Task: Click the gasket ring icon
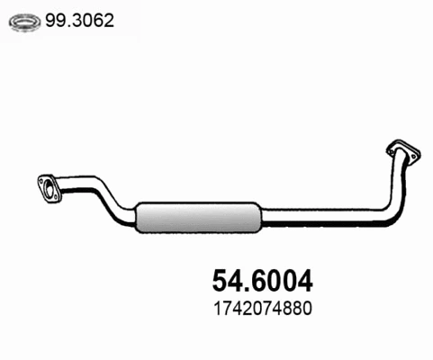pyautogui.click(x=24, y=22)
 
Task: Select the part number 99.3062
pyautogui.click(x=79, y=21)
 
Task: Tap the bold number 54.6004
pyautogui.click(x=263, y=281)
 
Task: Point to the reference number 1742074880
pyautogui.click(x=263, y=309)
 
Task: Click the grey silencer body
pyautogui.click(x=198, y=217)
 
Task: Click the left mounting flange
pyautogui.click(x=50, y=189)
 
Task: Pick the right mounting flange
pyautogui.click(x=404, y=152)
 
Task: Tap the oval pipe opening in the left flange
pyautogui.click(x=48, y=189)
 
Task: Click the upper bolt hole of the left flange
pyautogui.click(x=41, y=181)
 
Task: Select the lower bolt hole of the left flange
pyautogui.click(x=56, y=197)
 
